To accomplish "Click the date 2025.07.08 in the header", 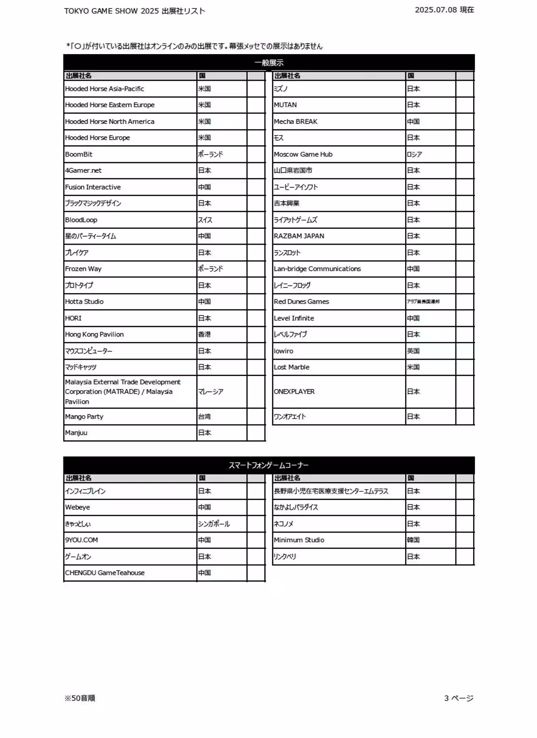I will [435, 10].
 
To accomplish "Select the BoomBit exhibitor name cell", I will [79, 154].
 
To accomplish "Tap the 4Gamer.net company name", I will [83, 171].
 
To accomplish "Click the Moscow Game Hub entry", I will [303, 154].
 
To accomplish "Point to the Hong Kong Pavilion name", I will [94, 335].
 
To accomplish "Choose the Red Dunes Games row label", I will [301, 301].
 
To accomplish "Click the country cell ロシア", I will [414, 154].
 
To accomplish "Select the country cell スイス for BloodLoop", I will [205, 220].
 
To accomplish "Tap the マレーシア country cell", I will [211, 392].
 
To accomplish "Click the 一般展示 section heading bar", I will [269, 62].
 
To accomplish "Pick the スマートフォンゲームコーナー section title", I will [269, 465].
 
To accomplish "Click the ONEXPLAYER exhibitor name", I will [294, 392].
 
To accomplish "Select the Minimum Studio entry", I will [299, 540].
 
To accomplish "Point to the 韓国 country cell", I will [413, 540].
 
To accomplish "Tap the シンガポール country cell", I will [214, 524].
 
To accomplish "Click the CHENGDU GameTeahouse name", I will [105, 573].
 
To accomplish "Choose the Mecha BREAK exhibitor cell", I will [296, 122].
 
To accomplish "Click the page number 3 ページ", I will [459, 698].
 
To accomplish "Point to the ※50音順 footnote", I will [80, 698].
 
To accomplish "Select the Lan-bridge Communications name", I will [317, 269].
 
